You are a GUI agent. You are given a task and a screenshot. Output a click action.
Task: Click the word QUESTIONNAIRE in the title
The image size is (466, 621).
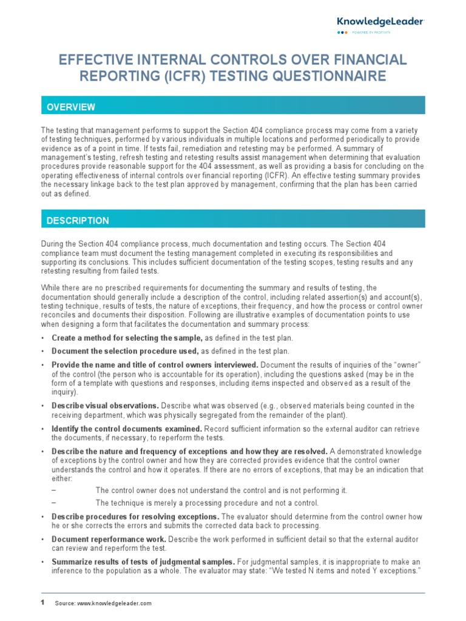pyautogui.click(x=334, y=76)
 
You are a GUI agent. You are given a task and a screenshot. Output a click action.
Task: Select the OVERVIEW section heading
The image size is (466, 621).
pyautogui.click(x=71, y=107)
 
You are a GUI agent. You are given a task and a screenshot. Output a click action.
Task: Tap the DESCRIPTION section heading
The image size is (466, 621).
pyautogui.click(x=78, y=221)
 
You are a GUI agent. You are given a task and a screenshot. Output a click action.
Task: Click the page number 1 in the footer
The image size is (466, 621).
pyautogui.click(x=42, y=602)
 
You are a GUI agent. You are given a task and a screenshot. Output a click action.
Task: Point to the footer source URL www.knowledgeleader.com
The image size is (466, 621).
pyautogui.click(x=113, y=603)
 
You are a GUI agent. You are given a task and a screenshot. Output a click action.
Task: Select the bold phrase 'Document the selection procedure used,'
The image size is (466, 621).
pyautogui.click(x=125, y=351)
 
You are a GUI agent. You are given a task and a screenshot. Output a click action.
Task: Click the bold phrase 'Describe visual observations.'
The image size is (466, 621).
pyautogui.click(x=105, y=406)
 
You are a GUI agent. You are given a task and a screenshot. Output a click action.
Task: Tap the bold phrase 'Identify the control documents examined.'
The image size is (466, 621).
pyautogui.click(x=127, y=428)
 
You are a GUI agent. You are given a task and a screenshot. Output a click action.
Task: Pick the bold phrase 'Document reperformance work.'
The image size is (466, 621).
pyautogui.click(x=109, y=539)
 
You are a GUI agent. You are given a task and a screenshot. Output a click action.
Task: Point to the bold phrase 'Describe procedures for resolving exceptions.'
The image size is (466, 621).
pyautogui.click(x=135, y=517)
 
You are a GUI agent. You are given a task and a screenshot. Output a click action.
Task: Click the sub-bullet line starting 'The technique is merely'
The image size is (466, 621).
pyautogui.click(x=207, y=503)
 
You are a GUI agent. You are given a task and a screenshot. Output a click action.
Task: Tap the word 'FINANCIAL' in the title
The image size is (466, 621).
pyautogui.click(x=363, y=59)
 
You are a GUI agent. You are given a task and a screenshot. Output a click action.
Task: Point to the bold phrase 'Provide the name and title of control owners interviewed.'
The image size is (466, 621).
pyautogui.click(x=155, y=364)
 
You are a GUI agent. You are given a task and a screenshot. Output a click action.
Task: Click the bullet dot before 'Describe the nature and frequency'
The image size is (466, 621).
pyautogui.click(x=42, y=451)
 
